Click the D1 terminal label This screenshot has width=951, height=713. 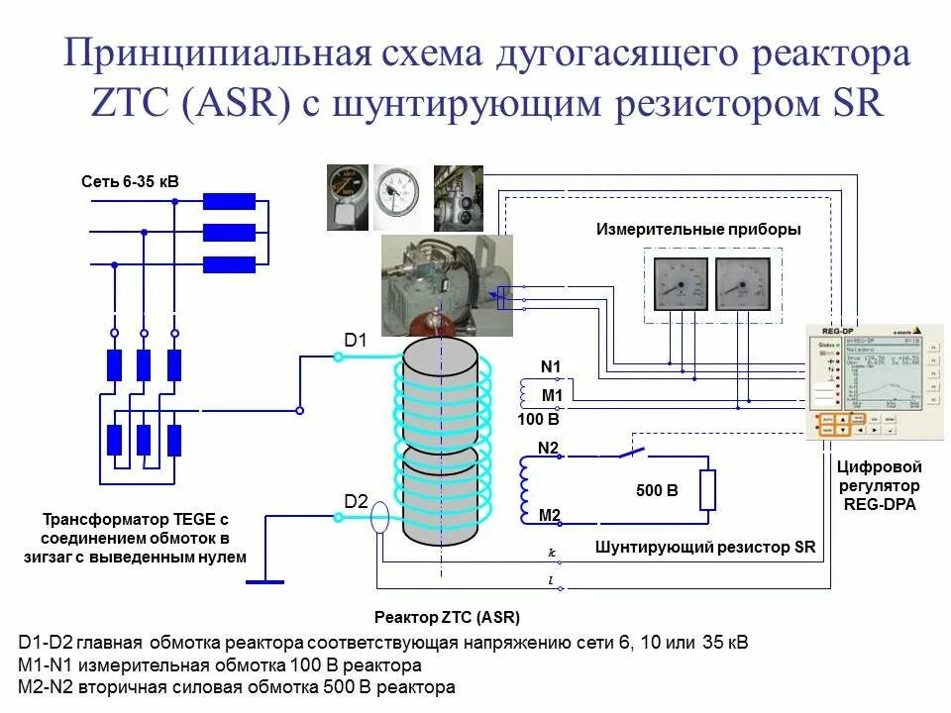(x=356, y=341)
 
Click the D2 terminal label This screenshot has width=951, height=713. (x=356, y=501)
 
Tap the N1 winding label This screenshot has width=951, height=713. (x=551, y=367)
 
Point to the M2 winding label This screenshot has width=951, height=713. (x=550, y=514)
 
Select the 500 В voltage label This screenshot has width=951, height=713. (x=657, y=490)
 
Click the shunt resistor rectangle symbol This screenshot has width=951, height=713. (x=707, y=490)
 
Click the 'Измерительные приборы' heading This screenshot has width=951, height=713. (x=698, y=229)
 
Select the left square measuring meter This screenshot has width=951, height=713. (x=680, y=283)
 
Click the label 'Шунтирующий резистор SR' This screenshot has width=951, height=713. (x=705, y=547)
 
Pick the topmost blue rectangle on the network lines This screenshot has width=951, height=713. (x=230, y=201)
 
